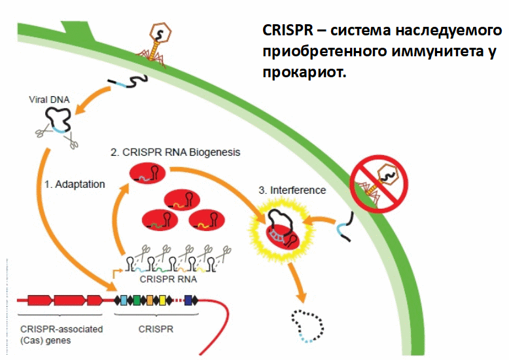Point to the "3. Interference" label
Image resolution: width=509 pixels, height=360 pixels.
click(x=292, y=190)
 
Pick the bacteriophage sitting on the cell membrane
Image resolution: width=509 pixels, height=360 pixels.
click(x=158, y=41)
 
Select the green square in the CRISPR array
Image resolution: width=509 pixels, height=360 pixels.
click(x=137, y=300)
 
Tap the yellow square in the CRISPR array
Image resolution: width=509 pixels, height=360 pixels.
click(x=163, y=300)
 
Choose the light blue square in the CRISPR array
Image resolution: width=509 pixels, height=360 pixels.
click(x=124, y=300)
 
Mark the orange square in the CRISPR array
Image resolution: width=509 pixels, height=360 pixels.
click(x=150, y=300)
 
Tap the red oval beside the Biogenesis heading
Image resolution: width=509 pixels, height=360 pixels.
click(x=147, y=174)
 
